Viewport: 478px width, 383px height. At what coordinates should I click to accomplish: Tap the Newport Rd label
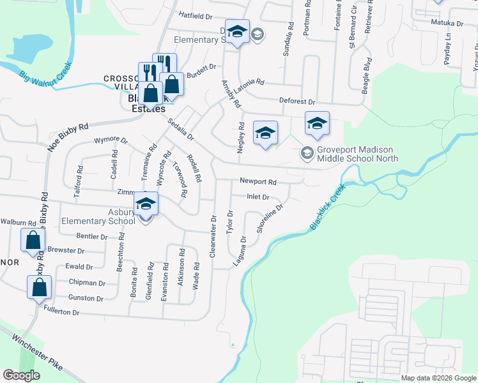(x=258, y=181)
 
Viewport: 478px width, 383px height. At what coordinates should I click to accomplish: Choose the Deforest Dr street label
(x=298, y=101)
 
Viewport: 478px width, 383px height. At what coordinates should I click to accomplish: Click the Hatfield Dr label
(x=194, y=15)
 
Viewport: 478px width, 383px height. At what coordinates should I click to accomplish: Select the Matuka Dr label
(x=447, y=23)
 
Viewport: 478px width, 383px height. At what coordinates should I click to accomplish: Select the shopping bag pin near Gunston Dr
(x=40, y=287)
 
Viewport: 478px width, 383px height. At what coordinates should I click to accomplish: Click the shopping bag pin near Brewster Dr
(x=33, y=241)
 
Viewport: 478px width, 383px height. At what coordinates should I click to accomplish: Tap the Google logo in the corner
(x=21, y=375)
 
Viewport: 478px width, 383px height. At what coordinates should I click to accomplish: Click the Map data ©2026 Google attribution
(x=438, y=378)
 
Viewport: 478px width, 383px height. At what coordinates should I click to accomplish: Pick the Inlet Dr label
(x=257, y=197)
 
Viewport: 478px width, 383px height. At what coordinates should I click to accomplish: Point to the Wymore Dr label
(x=111, y=140)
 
